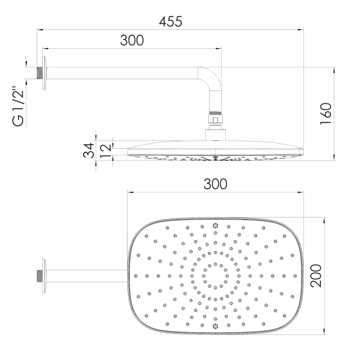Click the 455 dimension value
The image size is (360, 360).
[x=170, y=22]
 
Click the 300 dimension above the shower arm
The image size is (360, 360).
[x=132, y=41]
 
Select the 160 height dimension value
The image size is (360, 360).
[x=326, y=114]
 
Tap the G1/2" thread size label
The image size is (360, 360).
[x=18, y=106]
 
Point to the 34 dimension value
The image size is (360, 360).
[x=88, y=150]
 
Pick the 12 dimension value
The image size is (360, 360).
[x=105, y=151]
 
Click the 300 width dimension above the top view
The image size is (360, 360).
[x=215, y=184]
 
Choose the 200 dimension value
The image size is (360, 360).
[x=316, y=276]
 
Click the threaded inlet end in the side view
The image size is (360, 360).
[x=40, y=73]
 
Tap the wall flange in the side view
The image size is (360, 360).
[x=44, y=73]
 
